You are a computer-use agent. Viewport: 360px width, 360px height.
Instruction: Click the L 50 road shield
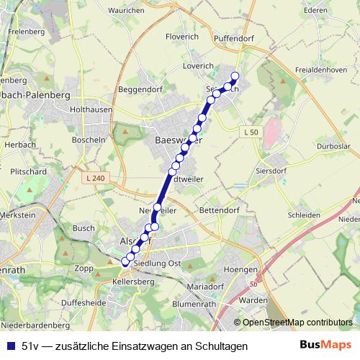(x=250, y=132)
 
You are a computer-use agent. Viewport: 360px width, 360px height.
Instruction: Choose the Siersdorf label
(x=271, y=173)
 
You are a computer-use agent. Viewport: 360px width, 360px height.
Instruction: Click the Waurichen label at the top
(x=126, y=11)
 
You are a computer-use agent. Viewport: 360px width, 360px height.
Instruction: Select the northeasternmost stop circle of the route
(x=234, y=77)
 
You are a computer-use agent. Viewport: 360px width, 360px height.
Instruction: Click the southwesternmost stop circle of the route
(x=125, y=262)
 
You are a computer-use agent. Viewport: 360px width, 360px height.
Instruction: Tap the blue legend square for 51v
(x=10, y=346)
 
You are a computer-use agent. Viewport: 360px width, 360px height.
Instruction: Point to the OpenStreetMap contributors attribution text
(x=297, y=323)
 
